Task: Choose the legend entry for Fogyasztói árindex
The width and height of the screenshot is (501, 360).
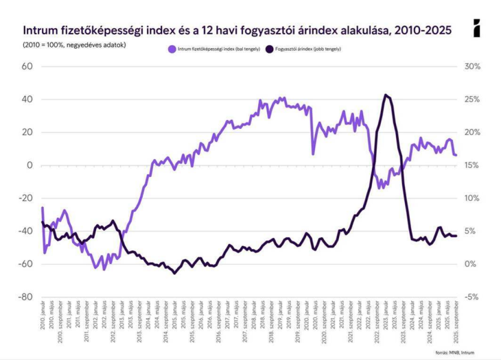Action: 307,49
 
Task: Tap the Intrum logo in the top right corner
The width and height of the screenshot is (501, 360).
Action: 477,29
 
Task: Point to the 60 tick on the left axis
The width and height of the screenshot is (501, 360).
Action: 27,67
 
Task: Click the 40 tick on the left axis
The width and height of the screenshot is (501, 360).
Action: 27,99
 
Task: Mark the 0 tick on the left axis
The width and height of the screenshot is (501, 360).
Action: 30,165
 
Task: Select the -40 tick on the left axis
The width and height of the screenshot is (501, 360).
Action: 26,231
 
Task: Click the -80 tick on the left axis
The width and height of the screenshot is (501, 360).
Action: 26,297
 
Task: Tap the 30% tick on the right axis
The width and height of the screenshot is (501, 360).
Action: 474,67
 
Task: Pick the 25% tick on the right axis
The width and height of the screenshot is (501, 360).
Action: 474,99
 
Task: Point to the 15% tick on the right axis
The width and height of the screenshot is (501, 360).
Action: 474,165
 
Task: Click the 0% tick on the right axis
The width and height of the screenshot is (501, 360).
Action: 472,264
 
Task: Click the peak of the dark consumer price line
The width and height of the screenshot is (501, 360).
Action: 386,95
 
